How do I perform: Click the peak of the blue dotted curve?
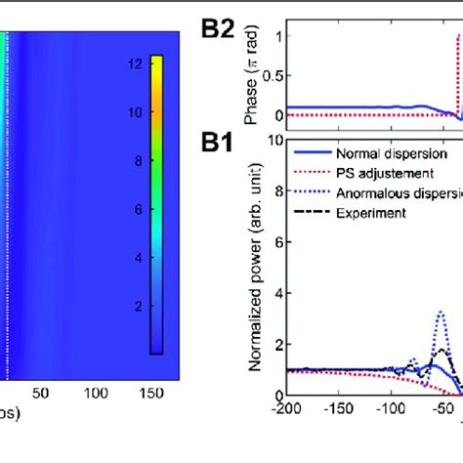click(442, 313)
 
